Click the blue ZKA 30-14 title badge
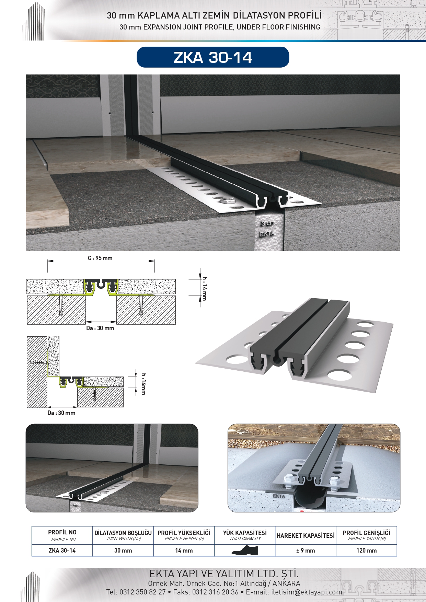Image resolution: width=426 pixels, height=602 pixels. point(213,57)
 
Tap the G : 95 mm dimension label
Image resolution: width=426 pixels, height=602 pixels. point(100,258)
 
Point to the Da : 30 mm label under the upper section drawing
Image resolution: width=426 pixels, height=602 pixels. point(100,328)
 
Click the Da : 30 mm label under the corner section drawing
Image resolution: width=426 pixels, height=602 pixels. point(61,413)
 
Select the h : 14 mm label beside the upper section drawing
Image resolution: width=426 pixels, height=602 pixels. point(205,288)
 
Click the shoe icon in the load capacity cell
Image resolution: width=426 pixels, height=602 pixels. point(245,550)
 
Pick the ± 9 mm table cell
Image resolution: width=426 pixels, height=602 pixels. point(306,551)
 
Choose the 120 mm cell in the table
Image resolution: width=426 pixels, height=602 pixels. point(367,551)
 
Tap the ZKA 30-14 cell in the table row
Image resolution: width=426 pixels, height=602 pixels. point(62,551)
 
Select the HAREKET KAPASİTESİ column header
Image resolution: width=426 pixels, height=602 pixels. point(306,535)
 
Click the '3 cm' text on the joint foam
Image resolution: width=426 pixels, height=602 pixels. point(267,223)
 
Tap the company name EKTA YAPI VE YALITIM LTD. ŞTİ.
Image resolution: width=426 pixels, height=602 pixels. point(224,574)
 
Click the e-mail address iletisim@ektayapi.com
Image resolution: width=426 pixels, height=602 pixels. point(307,592)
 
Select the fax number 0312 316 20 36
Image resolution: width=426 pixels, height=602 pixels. point(215,592)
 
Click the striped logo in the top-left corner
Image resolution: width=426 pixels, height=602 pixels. point(34,21)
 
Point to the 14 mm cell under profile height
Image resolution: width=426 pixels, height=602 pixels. point(184,551)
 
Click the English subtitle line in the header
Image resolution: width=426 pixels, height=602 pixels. point(220,27)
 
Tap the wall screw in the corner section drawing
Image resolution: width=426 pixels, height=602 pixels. point(38,362)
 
